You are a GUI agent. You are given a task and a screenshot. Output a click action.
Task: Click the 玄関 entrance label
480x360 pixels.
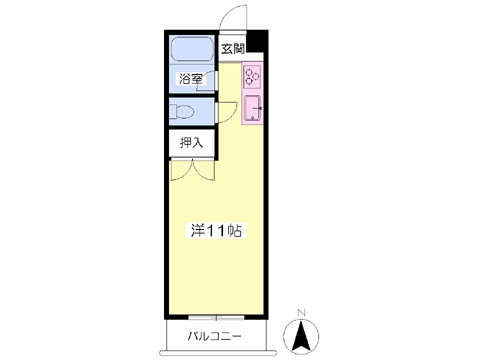tap(233, 48)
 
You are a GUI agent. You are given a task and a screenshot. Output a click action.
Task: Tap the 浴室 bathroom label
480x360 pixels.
tap(191, 78)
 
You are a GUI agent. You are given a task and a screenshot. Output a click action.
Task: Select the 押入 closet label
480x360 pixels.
tap(191, 142)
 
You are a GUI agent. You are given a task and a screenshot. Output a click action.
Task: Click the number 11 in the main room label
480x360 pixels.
tap(216, 230)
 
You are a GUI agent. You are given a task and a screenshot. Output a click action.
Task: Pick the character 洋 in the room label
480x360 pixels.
tap(198, 230)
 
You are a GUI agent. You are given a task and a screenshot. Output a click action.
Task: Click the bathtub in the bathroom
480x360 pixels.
tap(192, 52)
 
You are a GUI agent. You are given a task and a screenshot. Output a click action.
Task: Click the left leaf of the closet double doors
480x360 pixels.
tap(182, 171)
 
